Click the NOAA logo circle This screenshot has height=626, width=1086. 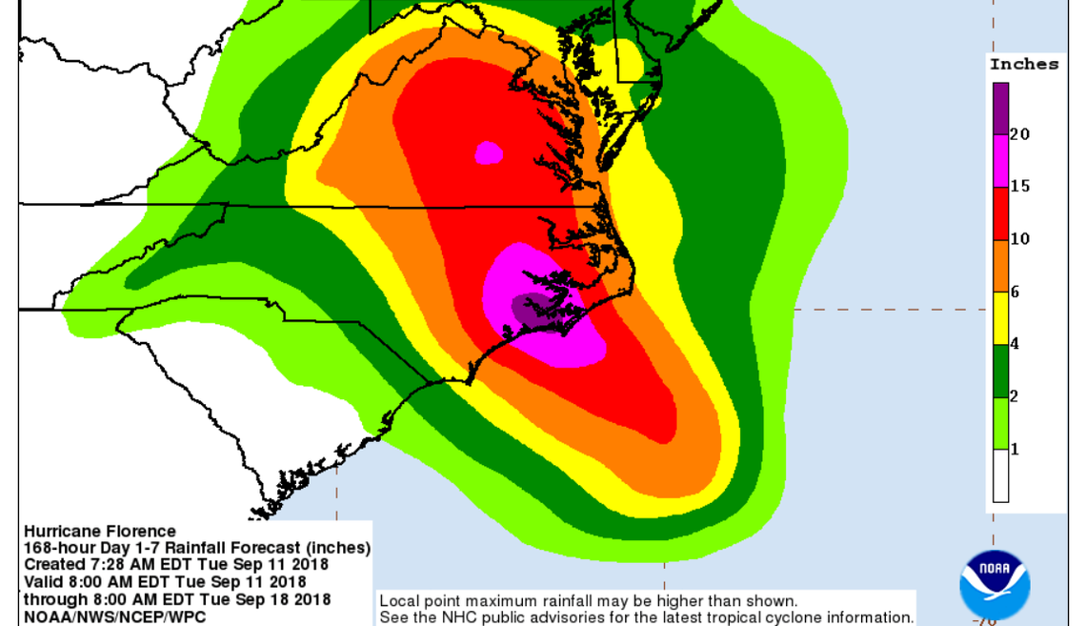994,581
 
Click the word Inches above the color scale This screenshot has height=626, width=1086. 1024,65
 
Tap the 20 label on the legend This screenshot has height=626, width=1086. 1019,134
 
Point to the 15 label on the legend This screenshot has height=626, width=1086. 1019,187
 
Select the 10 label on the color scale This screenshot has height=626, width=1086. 1019,239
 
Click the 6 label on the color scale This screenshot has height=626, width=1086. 1015,293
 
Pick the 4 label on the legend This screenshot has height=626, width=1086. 1015,344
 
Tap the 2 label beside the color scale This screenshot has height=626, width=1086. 1015,396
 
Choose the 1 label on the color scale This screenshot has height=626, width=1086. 1015,449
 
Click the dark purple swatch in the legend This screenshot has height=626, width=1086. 1000,108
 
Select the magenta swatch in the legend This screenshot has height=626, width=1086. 1000,160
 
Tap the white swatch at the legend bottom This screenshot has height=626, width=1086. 1000,475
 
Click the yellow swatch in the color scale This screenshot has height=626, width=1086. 1000,317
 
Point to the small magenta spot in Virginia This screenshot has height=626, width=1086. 489,151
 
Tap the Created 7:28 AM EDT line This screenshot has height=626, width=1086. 175,565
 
